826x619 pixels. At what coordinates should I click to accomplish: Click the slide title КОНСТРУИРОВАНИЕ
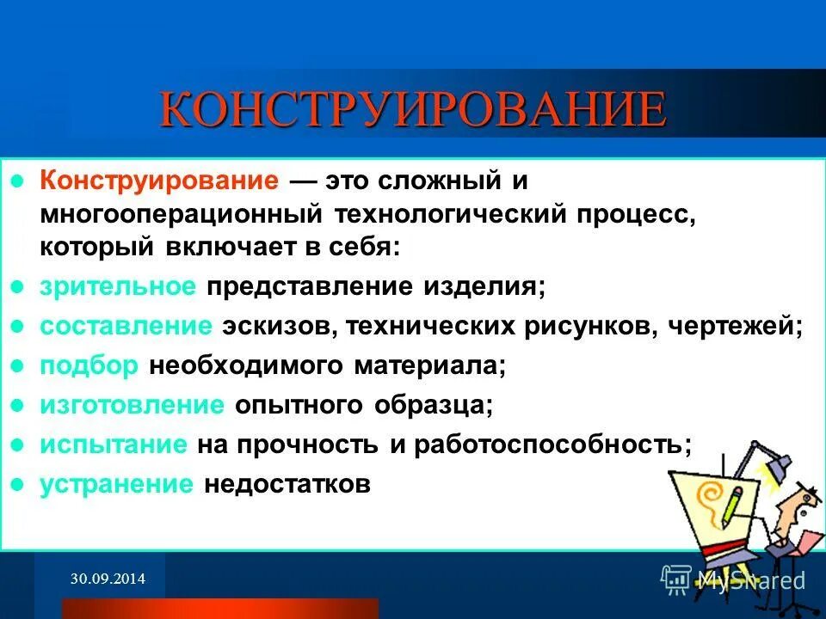pyautogui.click(x=413, y=110)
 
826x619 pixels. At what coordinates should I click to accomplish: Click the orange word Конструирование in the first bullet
pyautogui.click(x=159, y=181)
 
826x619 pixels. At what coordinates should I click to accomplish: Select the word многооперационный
pyautogui.click(x=181, y=214)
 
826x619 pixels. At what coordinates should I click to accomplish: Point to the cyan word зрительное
pyautogui.click(x=118, y=287)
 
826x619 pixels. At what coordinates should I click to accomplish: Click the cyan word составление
pyautogui.click(x=126, y=327)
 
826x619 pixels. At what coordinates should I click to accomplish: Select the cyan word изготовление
pyautogui.click(x=133, y=406)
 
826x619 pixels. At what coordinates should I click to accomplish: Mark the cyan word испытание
pyautogui.click(x=114, y=444)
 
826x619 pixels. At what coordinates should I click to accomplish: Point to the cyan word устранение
pyautogui.click(x=116, y=484)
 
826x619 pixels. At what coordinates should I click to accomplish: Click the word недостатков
pyautogui.click(x=287, y=484)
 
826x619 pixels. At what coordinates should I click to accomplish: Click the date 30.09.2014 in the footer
pyautogui.click(x=108, y=580)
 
